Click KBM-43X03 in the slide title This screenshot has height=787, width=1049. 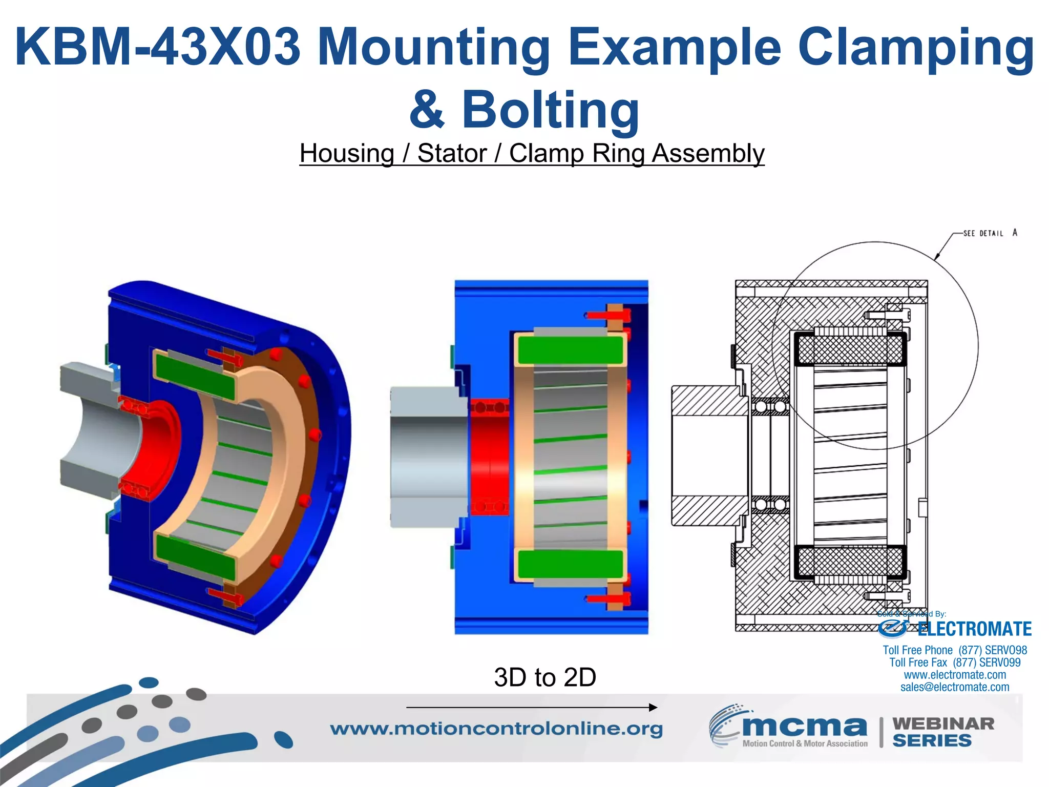click(x=157, y=47)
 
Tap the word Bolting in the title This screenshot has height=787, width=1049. click(x=551, y=110)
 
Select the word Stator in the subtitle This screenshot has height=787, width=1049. click(x=452, y=153)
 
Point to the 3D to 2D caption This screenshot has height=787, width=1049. click(x=545, y=677)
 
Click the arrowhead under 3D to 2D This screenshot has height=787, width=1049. click(x=653, y=708)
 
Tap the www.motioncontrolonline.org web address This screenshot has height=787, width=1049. click(x=496, y=729)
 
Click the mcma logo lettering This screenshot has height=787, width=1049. click(x=804, y=727)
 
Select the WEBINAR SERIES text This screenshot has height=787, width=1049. click(x=942, y=732)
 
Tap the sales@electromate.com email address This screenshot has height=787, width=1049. click(x=955, y=687)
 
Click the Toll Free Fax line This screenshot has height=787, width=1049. click(x=955, y=662)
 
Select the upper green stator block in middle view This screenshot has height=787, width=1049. click(x=570, y=350)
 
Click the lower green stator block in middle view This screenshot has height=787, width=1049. click(x=570, y=564)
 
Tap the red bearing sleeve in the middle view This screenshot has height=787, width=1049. click(x=489, y=456)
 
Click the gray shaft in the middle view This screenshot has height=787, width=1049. click(x=428, y=456)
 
